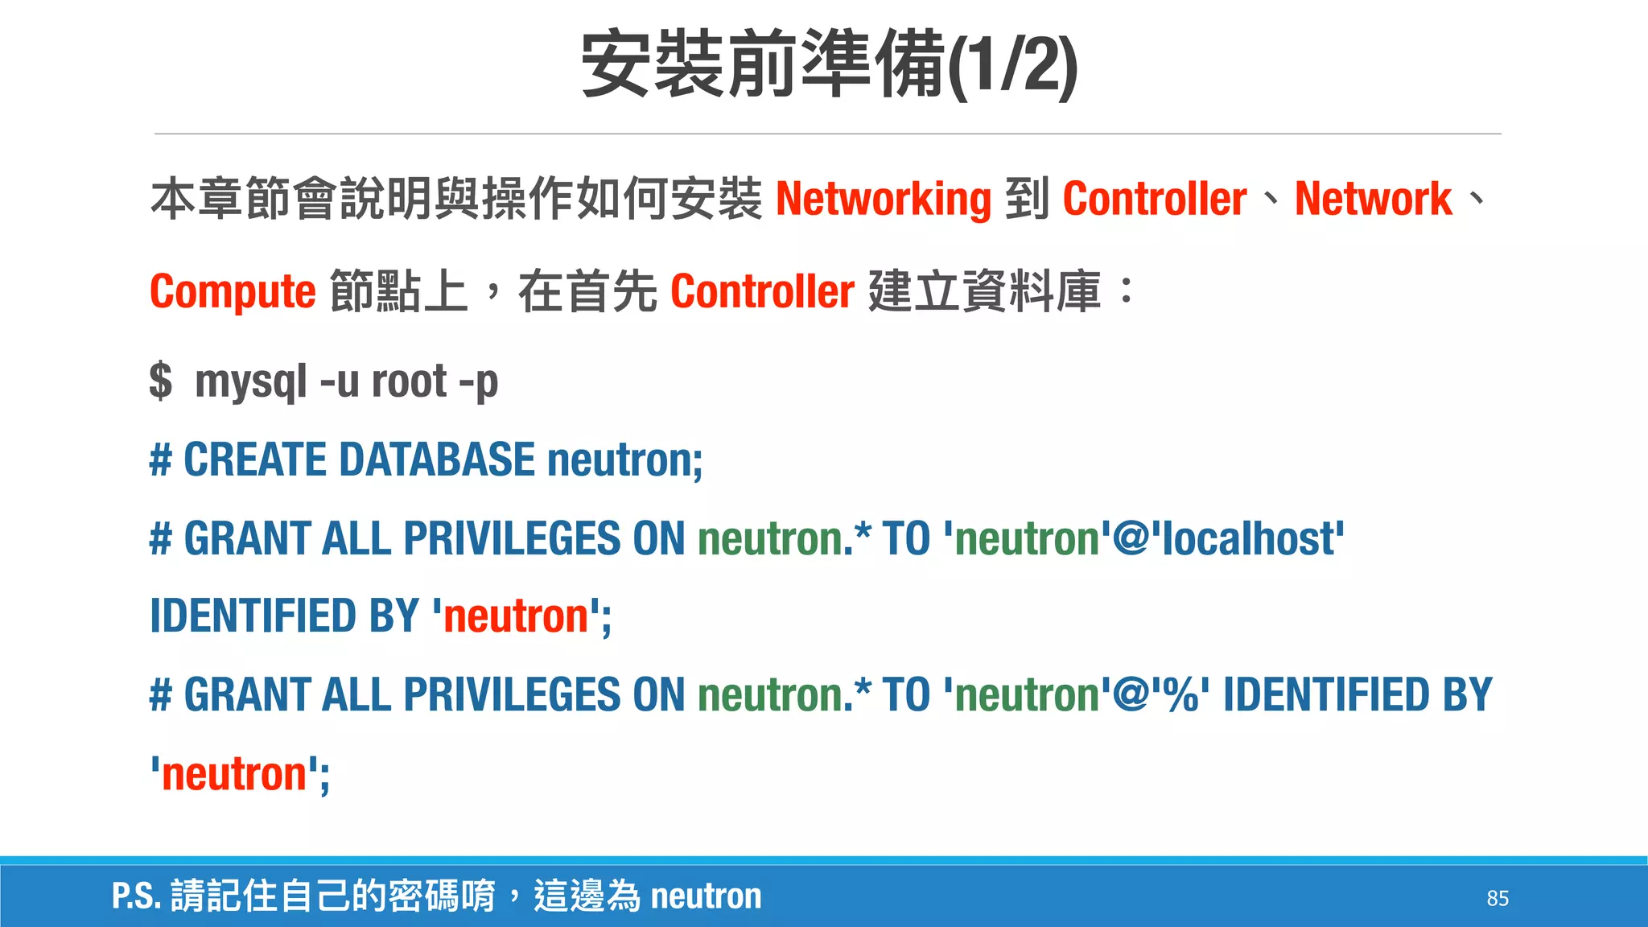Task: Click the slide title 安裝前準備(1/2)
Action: coord(829,64)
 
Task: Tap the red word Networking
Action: coord(883,199)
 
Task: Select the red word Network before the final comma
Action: coord(1373,199)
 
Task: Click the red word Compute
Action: coord(233,291)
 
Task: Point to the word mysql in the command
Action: coord(251,381)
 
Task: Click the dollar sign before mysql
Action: coord(160,381)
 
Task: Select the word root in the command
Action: coord(409,381)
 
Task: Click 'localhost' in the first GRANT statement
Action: coord(1247,538)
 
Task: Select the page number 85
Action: coord(1497,898)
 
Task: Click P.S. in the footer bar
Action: coord(136,896)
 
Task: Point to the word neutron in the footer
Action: coord(706,896)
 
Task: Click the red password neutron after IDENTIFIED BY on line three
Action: coord(516,617)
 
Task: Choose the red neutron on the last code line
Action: coord(234,774)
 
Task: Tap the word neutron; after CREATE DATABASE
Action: coord(624,460)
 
